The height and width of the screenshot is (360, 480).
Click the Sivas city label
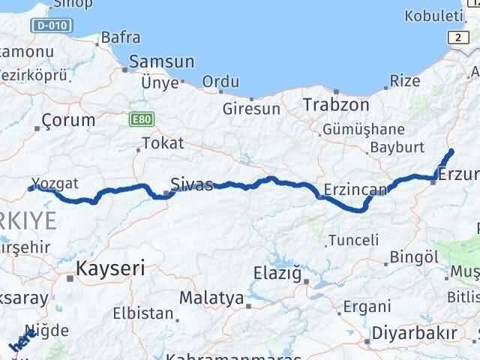[x=192, y=184]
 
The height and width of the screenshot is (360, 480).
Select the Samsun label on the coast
[x=161, y=63]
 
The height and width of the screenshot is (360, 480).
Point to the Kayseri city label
[x=110, y=268]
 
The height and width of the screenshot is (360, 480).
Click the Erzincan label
[x=355, y=189]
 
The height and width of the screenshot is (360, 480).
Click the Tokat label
[x=162, y=143]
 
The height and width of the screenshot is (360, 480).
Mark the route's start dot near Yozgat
[x=31, y=188]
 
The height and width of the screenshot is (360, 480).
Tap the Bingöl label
[x=409, y=257]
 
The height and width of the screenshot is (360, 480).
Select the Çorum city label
[x=69, y=120]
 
